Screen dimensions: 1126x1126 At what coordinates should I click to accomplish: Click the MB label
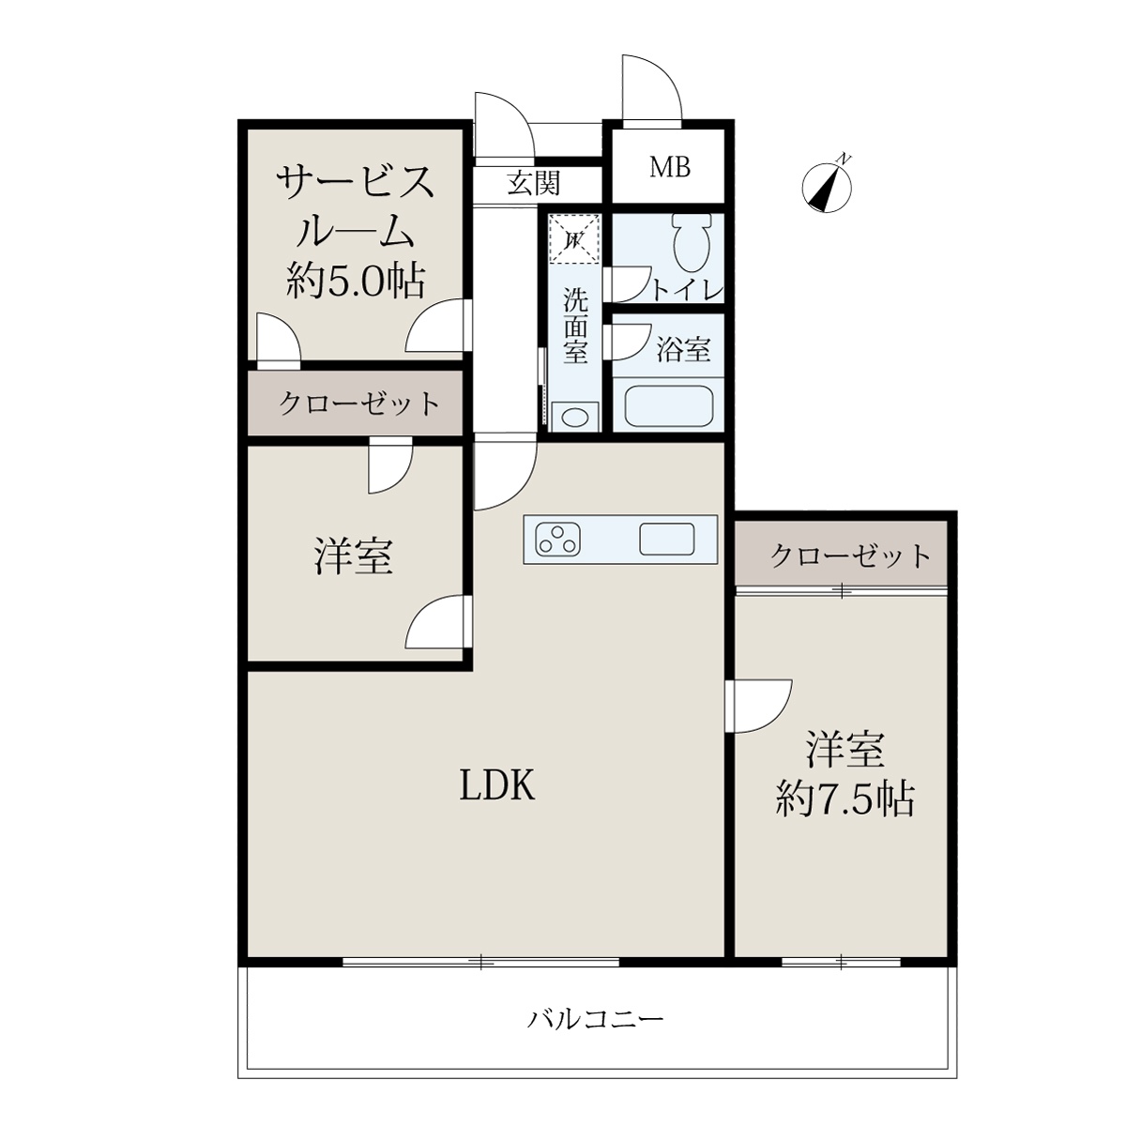[670, 167]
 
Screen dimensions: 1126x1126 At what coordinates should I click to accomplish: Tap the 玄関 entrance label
[534, 183]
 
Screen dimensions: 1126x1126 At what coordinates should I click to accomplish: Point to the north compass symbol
[827, 185]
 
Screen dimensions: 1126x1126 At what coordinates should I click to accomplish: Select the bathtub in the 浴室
[668, 407]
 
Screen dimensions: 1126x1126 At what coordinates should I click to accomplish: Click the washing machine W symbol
[575, 239]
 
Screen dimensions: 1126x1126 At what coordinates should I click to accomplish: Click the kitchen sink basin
[667, 539]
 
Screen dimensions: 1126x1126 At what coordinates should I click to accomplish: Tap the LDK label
[497, 785]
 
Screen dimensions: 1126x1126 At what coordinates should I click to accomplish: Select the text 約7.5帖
[844, 799]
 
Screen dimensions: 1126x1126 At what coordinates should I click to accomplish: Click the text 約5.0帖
[356, 281]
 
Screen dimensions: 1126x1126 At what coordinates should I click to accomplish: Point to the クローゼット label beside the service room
[358, 403]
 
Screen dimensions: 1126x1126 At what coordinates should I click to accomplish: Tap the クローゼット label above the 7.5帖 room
[850, 555]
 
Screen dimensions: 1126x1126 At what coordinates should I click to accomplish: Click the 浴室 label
[683, 349]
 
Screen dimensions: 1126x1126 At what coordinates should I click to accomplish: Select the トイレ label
[687, 290]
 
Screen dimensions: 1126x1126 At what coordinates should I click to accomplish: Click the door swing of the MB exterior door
[652, 87]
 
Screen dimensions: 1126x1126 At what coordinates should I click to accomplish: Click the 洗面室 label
[575, 326]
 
